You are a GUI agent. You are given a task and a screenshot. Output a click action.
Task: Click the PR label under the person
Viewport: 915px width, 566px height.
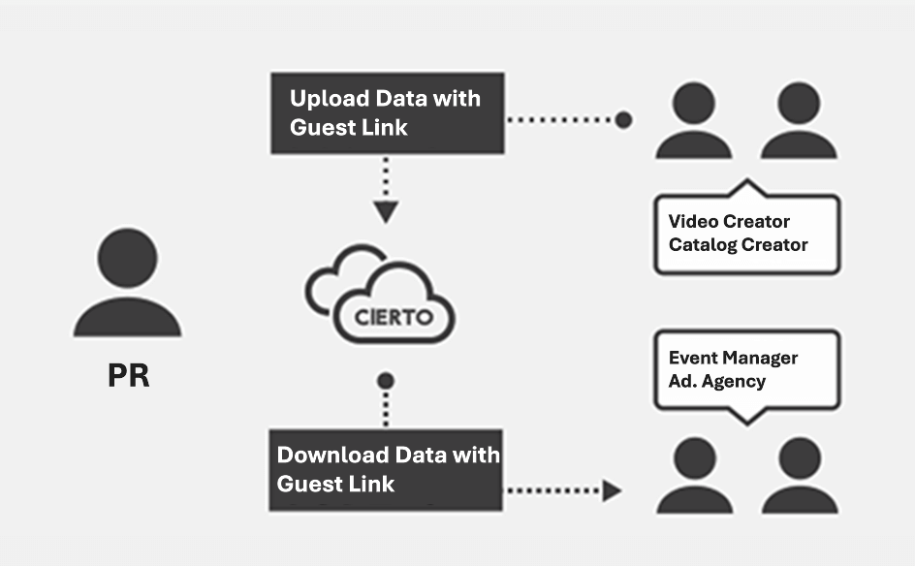[x=128, y=375]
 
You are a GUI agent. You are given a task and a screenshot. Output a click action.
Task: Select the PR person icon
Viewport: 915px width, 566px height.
[x=127, y=285]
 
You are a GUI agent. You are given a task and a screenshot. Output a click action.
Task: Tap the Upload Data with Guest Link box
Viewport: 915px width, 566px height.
[x=387, y=112]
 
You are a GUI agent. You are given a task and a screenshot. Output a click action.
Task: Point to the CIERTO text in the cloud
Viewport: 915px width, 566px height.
[x=394, y=317]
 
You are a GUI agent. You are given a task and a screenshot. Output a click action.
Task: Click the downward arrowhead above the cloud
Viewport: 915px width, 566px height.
[x=386, y=212]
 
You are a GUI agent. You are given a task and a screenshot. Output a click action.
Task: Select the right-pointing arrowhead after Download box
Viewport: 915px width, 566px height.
[x=612, y=490]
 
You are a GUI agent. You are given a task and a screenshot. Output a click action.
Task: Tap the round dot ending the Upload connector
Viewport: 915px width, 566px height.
[x=623, y=119]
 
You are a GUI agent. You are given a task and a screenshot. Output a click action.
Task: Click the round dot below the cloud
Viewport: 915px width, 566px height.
[x=386, y=380]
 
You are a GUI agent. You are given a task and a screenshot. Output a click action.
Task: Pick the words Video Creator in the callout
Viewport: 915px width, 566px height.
[x=729, y=222]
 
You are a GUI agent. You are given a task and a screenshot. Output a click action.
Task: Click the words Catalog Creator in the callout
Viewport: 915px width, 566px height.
[x=738, y=244]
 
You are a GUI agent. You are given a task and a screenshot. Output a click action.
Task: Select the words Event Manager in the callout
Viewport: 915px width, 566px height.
[x=733, y=358]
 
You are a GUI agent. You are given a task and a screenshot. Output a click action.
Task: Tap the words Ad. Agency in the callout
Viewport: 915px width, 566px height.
[x=716, y=381]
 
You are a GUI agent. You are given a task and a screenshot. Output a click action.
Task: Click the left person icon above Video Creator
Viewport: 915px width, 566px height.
[x=694, y=122]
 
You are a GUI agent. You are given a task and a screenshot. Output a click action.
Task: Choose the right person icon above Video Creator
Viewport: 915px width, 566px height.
[x=799, y=122]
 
